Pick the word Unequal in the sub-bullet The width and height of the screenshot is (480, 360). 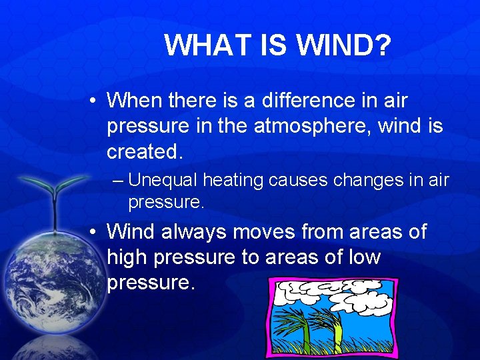[163, 180]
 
